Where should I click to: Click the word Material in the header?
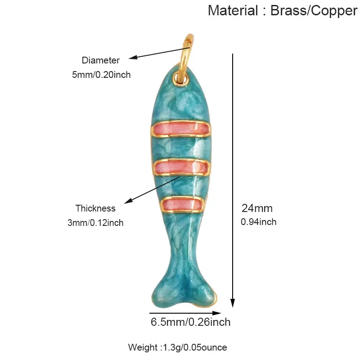point(233,10)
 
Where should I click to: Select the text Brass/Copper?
point(314,11)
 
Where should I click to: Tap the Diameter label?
point(100,60)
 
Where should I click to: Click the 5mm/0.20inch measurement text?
point(101,75)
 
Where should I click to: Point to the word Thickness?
point(95,208)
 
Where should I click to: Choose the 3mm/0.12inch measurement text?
point(95,223)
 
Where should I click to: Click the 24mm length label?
point(257,208)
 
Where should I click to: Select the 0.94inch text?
point(258,222)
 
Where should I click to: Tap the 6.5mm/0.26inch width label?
point(190,322)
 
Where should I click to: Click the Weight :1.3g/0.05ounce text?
point(177,347)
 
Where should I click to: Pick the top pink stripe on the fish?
point(180,129)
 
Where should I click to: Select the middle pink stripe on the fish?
point(181,167)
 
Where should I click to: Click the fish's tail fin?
point(184,293)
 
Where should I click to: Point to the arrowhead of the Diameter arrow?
point(133,58)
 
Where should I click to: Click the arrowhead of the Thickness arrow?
point(128,201)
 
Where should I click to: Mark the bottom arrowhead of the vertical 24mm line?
point(233,303)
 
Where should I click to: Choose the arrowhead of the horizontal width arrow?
point(216,313)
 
